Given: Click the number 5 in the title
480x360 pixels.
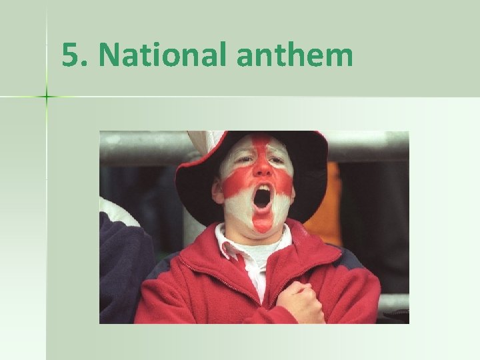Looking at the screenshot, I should click(69, 55).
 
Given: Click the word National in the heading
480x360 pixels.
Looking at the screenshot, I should click(163, 55).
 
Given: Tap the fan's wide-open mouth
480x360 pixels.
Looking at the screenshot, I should click(263, 197).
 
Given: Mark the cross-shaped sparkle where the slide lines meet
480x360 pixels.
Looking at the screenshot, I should click(47, 97).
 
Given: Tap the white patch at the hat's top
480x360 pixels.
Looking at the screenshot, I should click(200, 142).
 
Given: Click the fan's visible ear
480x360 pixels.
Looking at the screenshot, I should click(218, 190).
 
